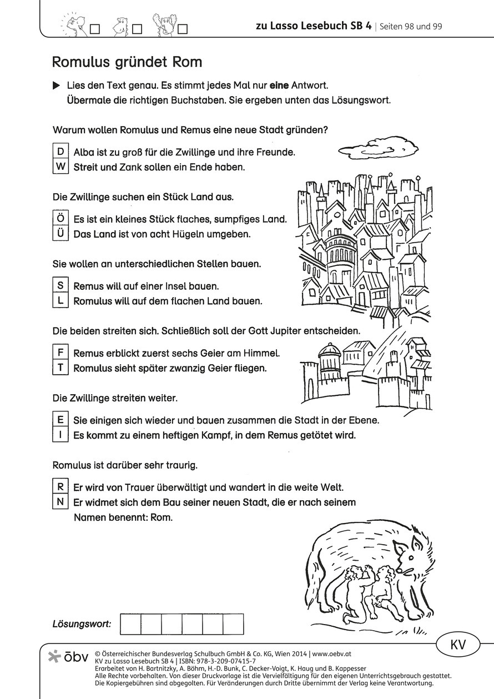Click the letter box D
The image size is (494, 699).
[x=60, y=151]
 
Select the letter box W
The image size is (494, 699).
[x=60, y=167]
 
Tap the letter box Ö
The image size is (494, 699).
[x=60, y=219]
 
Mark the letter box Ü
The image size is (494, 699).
[x=60, y=234]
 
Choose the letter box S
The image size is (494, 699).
[x=60, y=286]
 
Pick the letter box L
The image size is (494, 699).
[x=60, y=301]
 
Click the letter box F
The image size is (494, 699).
[x=60, y=353]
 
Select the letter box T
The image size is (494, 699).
[x=60, y=368]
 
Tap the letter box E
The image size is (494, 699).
[x=60, y=420]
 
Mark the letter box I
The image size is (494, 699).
[x=60, y=435]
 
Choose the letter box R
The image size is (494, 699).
[x=60, y=487]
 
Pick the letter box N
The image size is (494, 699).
[x=60, y=502]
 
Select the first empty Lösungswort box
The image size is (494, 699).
[x=130, y=624]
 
